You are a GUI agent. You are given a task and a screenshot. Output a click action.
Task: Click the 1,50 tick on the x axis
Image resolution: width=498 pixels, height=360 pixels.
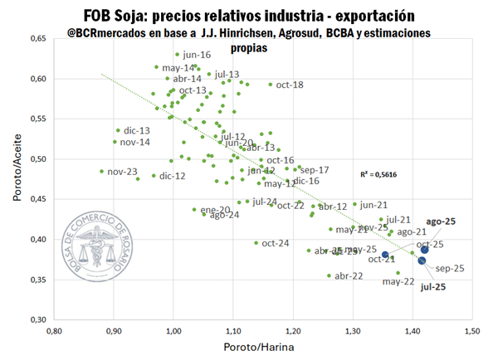[x=412, y=331]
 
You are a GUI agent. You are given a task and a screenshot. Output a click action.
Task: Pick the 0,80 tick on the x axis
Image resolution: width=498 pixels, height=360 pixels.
[x=54, y=331]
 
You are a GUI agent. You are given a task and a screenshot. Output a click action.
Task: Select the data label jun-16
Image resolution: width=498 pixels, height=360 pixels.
[x=197, y=55]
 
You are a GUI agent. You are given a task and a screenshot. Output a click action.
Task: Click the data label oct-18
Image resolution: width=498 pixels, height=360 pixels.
[x=289, y=85]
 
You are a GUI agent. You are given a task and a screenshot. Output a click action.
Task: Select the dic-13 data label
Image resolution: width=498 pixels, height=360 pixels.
[x=136, y=131]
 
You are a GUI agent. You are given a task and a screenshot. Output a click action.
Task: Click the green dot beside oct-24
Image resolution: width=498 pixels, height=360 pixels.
[x=256, y=243]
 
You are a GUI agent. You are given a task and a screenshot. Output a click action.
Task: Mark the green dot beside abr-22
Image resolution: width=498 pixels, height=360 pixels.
[x=329, y=275]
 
